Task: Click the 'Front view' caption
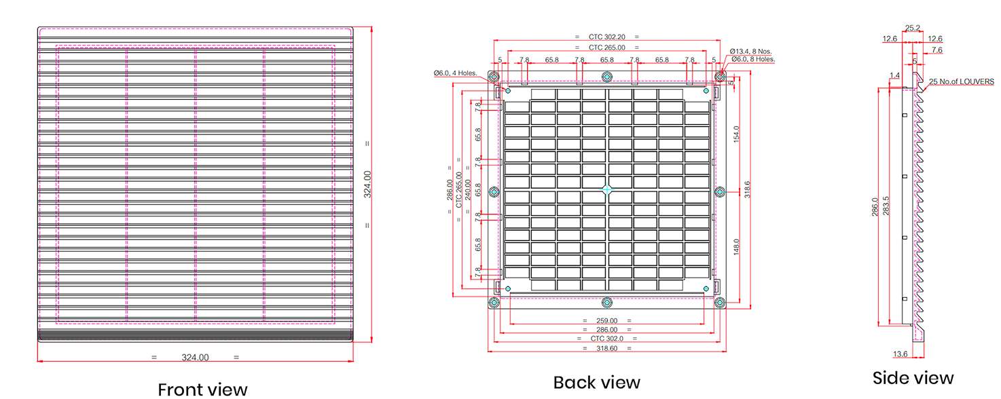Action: tap(202, 389)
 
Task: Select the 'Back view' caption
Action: tap(596, 383)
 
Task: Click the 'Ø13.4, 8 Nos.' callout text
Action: tap(750, 51)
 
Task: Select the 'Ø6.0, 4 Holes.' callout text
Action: tap(456, 73)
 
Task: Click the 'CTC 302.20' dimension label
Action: tap(606, 37)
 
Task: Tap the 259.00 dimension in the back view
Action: tap(606, 321)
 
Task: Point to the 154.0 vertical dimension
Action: tap(736, 134)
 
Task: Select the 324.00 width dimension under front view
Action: tap(195, 357)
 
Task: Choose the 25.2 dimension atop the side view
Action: tap(913, 28)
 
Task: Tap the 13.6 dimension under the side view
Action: tap(900, 354)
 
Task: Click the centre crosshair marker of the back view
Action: tap(607, 190)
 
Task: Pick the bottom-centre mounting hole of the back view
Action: tap(607, 303)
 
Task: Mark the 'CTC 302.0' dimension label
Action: tap(606, 338)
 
